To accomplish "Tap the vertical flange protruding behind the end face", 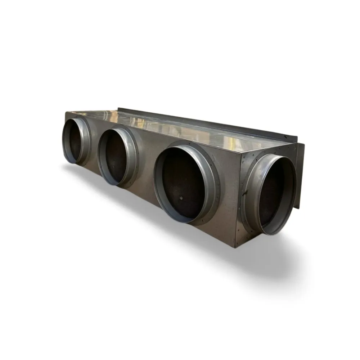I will point(300,173).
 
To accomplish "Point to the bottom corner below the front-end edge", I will point(236,247).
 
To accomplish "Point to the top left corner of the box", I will point(67,112).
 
